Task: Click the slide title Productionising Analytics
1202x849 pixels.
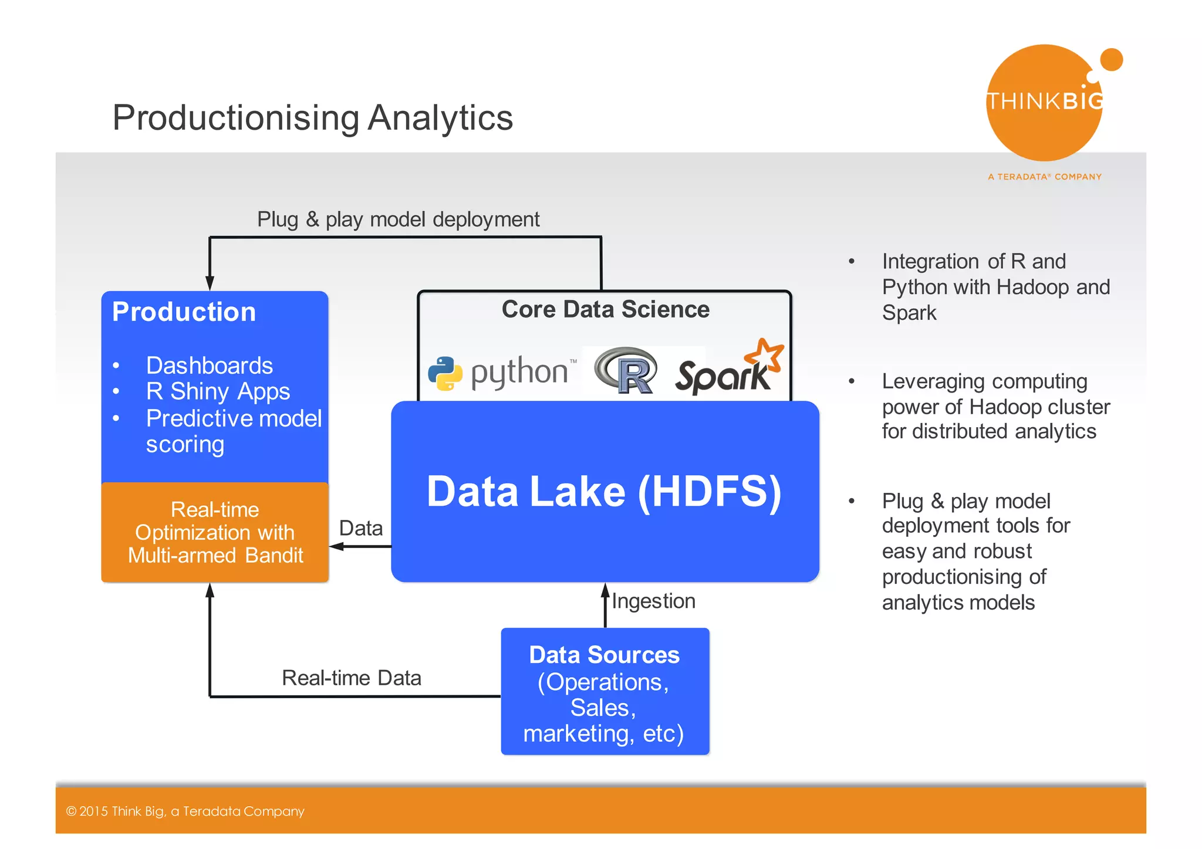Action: click(x=312, y=118)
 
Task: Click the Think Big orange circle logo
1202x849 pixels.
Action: click(x=1044, y=103)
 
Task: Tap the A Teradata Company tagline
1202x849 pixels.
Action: click(x=1044, y=177)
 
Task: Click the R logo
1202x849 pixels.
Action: click(x=626, y=371)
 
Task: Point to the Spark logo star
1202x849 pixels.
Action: click(x=764, y=356)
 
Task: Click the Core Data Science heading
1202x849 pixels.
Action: click(x=605, y=309)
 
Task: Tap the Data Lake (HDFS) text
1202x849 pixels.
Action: click(x=604, y=491)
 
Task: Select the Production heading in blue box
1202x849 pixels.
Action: click(x=184, y=312)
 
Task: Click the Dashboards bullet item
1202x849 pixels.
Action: click(x=209, y=366)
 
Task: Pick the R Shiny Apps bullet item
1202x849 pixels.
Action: click(x=218, y=391)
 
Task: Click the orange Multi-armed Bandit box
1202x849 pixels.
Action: click(x=215, y=532)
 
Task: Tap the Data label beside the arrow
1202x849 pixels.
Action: click(x=360, y=528)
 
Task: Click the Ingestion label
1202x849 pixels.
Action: click(x=653, y=601)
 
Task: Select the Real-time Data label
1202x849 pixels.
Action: click(x=351, y=678)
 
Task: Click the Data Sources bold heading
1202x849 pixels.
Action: click(x=604, y=655)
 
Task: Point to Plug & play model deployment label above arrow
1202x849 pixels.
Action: click(x=398, y=219)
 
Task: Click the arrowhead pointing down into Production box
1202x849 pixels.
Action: click(x=210, y=283)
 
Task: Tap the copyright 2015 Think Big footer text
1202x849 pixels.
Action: click(x=185, y=811)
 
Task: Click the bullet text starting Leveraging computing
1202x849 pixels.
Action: click(x=995, y=406)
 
